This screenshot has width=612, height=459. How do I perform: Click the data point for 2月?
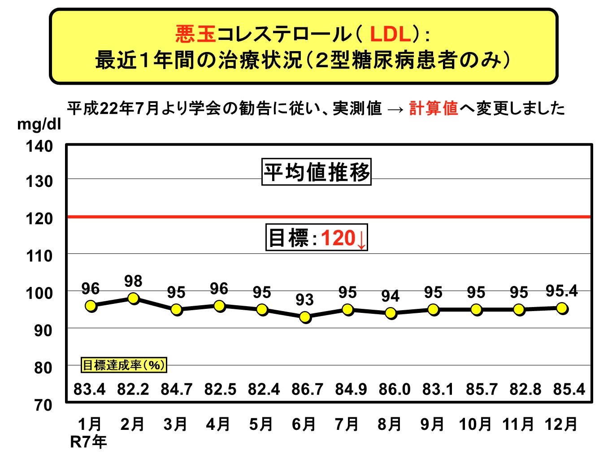coord(133,299)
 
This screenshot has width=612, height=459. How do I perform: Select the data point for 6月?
coord(305,317)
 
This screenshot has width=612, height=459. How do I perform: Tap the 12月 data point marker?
coord(562,308)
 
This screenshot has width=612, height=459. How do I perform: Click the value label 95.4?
coord(561,291)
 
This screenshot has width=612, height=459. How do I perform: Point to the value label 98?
coord(133,281)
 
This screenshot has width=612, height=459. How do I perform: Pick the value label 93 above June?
coord(304,299)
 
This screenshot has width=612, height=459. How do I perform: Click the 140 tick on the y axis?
coord(39,146)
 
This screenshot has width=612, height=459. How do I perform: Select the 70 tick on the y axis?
coord(43,405)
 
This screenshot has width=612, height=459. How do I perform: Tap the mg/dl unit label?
coord(39,124)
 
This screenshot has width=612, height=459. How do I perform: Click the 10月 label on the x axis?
coord(475,424)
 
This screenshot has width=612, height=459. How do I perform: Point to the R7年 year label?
coord(88,442)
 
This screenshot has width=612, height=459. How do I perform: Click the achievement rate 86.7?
coord(307,389)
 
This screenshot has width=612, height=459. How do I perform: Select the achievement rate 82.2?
coord(133,389)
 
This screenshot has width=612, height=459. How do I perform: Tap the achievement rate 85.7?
coord(482,389)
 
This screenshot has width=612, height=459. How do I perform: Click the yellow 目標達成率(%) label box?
coord(124,365)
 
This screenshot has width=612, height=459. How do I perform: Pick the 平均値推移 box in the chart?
coord(317,172)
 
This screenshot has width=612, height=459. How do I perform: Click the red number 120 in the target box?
coord(338,238)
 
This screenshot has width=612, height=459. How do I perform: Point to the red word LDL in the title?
coord(391,34)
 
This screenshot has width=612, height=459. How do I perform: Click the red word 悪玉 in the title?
coord(196,34)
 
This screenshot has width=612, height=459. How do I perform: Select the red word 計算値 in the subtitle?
coord(434,108)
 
